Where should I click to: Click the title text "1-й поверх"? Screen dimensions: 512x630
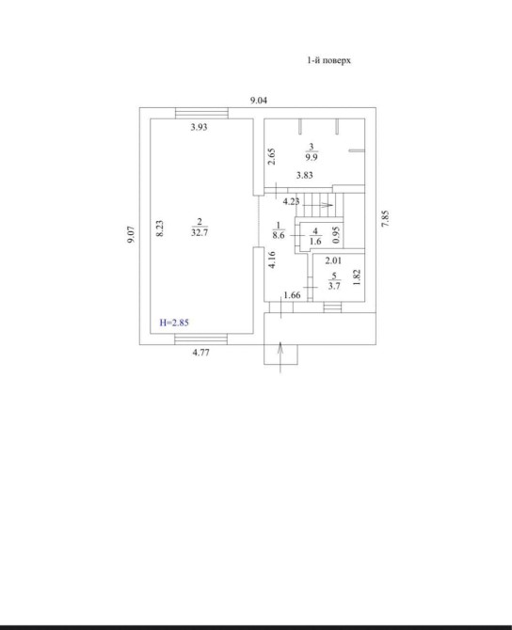(x=329, y=61)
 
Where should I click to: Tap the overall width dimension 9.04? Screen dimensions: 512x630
(x=259, y=101)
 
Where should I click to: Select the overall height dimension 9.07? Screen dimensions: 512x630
(x=131, y=234)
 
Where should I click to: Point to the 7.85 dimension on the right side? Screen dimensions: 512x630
(x=385, y=218)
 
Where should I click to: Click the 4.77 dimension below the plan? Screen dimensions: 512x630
(x=200, y=353)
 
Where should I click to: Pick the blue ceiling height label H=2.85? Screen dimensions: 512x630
(x=174, y=323)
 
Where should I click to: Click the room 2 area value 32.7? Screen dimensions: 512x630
(x=200, y=232)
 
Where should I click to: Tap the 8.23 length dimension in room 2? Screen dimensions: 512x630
(x=160, y=228)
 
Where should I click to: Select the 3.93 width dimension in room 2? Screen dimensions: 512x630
(x=199, y=127)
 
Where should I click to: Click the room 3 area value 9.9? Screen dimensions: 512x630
(x=312, y=157)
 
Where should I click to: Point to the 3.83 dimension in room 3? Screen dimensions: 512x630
(x=304, y=175)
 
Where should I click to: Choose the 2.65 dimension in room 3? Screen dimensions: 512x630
(x=272, y=157)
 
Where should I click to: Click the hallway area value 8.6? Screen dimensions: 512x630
(x=279, y=235)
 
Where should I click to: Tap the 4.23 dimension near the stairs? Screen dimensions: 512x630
(x=291, y=202)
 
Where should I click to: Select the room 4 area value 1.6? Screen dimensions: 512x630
(x=315, y=242)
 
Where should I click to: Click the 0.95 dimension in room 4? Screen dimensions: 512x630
(x=337, y=235)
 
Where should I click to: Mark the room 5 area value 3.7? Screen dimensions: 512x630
(x=334, y=286)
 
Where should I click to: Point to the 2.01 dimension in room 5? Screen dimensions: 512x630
(x=333, y=260)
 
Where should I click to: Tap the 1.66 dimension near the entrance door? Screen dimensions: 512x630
(x=292, y=295)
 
